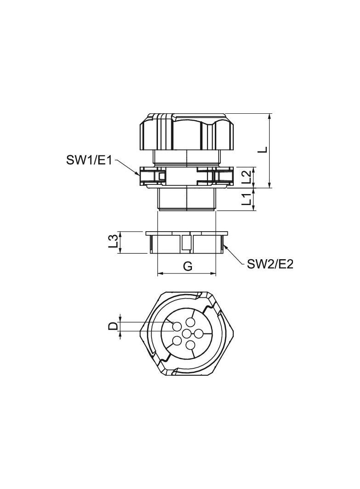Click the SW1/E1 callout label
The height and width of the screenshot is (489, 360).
[x=89, y=161]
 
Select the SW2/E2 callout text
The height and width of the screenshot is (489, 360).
[x=270, y=264]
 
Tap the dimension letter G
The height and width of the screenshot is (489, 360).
[x=187, y=266]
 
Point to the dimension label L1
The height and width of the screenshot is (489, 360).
[x=247, y=199]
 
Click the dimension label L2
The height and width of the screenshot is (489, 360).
[x=247, y=177]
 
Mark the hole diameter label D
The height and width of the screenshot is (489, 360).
[x=112, y=326]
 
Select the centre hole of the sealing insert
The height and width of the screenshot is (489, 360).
[x=187, y=333]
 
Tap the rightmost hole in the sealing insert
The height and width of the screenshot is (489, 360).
[x=199, y=333]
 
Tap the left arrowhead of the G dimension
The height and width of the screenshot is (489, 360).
[x=160, y=274]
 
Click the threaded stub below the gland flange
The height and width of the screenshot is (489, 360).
[x=187, y=199]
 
